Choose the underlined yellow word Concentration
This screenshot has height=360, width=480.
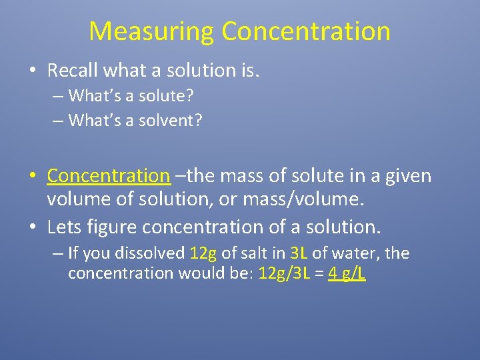109,176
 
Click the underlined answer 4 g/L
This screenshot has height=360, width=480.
347,274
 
